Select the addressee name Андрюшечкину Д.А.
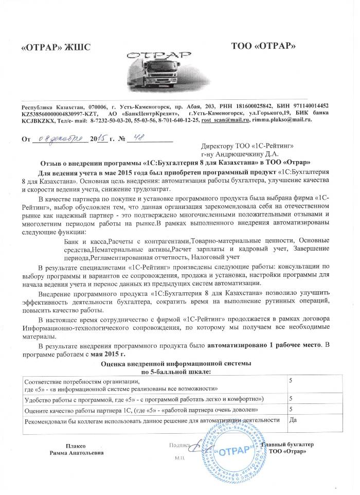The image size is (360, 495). coord(242,153)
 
